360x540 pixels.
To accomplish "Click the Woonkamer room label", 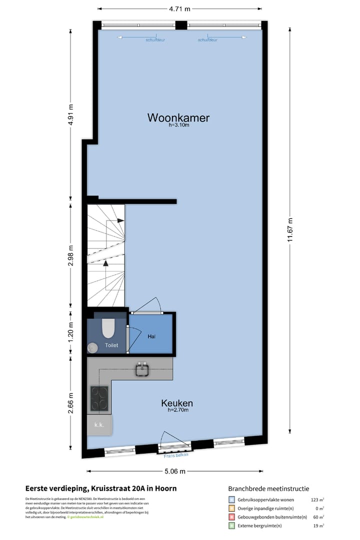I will pos(178,118).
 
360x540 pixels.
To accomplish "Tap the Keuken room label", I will pos(177,403).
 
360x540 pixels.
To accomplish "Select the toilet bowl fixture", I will pos(108,328).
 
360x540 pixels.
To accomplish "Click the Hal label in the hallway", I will pos(151,336).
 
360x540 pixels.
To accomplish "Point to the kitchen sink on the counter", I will pos(142,370).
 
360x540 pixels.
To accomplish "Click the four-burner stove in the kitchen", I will pos(100,398).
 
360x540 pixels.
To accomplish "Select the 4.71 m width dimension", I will pos(179,8).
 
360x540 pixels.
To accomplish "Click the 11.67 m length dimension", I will pos(290,230).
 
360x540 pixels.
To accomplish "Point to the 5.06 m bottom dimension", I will pos(175,471).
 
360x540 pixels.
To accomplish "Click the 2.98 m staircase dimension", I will pos(70,255).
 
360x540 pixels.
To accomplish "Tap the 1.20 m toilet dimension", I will pos(70,333).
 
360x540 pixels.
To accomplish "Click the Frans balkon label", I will pos(175,455).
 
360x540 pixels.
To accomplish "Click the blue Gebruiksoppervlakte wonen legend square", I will pos(231,499).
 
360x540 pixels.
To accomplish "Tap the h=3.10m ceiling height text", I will pos(179,125).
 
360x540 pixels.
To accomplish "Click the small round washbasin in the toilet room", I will pos(92,347).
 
